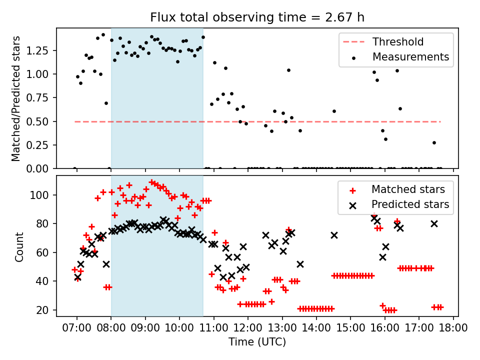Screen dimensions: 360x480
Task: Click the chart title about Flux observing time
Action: (x=257, y=17)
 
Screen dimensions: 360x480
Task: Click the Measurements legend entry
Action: (x=410, y=57)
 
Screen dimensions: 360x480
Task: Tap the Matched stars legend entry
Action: (x=407, y=189)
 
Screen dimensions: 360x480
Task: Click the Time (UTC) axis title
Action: (x=257, y=342)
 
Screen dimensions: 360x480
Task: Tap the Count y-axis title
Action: (x=19, y=246)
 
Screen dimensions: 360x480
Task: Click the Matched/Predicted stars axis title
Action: (x=16, y=98)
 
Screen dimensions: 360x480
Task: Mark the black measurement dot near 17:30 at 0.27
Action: (x=434, y=142)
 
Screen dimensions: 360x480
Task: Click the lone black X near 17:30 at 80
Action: (x=434, y=223)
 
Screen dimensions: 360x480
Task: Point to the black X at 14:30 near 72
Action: (x=334, y=235)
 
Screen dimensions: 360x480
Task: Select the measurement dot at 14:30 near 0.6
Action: (x=334, y=111)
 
